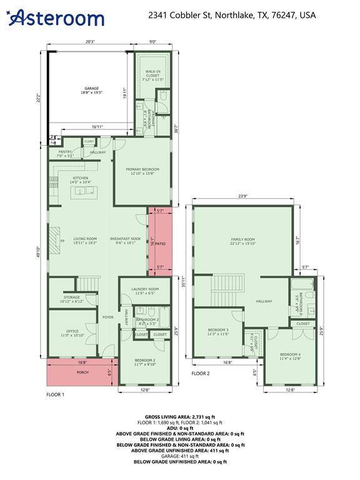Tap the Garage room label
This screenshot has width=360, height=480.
(x=91, y=91)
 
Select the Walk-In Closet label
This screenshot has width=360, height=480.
(x=152, y=76)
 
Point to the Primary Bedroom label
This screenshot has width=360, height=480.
(x=142, y=171)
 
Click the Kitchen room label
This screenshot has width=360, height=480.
(x=81, y=181)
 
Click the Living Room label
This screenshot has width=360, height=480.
(x=85, y=241)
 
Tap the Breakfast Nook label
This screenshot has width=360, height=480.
(x=126, y=241)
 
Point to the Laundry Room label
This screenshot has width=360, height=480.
(x=145, y=291)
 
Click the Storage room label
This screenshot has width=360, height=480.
(x=72, y=299)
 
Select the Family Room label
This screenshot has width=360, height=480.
(x=242, y=241)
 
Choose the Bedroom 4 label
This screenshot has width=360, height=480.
(x=291, y=356)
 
